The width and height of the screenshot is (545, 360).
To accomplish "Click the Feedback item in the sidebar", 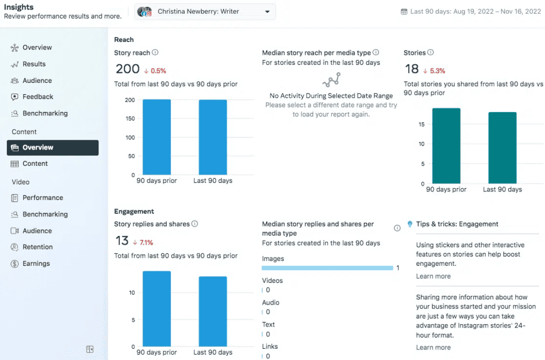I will click(x=37, y=97).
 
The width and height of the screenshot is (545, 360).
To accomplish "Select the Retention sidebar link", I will click(x=37, y=247).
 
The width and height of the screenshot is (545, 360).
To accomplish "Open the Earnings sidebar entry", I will click(x=36, y=264).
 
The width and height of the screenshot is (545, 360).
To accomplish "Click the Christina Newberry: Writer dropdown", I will click(x=205, y=12).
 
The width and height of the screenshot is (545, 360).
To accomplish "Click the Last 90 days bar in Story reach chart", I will click(x=213, y=137).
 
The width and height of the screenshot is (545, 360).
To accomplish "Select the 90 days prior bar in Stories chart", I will click(x=446, y=146).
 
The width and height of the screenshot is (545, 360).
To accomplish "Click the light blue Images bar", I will click(x=327, y=268).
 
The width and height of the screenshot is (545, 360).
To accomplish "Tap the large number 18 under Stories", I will click(x=411, y=69).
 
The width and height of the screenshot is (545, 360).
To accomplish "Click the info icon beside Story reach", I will click(x=155, y=53).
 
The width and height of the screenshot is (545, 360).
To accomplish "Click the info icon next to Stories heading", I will click(x=431, y=53).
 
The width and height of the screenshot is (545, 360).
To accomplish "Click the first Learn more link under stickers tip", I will click(x=433, y=277).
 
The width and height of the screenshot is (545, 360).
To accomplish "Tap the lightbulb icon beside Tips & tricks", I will click(x=410, y=224).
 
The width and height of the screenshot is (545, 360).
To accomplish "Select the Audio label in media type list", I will click(x=270, y=303).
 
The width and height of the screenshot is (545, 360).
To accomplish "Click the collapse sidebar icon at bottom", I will click(x=90, y=349).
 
